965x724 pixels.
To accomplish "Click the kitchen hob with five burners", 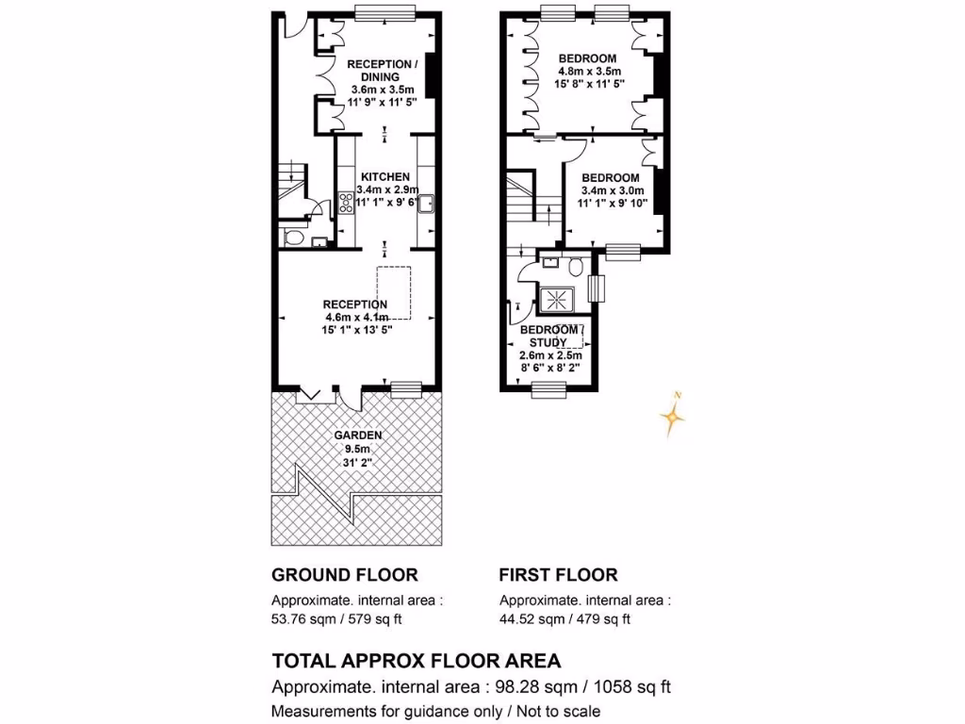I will [x=345, y=201].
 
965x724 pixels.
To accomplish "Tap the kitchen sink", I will [x=425, y=202].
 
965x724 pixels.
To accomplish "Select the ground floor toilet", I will [x=292, y=238].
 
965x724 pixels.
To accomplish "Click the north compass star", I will [x=672, y=417].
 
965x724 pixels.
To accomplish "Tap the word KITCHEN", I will [x=384, y=176].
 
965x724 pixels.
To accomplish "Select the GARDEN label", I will [x=357, y=436].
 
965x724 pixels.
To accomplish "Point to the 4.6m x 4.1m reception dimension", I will [x=356, y=318].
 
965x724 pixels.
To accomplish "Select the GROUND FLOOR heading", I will [x=344, y=575].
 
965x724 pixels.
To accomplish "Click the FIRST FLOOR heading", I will [x=558, y=575].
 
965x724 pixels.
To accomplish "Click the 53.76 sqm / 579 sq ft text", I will [x=344, y=619].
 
